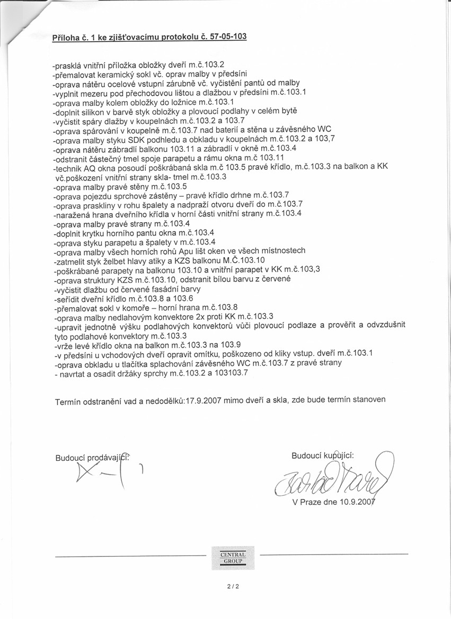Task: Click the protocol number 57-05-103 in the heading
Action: [226, 37]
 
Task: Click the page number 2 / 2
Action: [229, 586]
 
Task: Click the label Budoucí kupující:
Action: [323, 456]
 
